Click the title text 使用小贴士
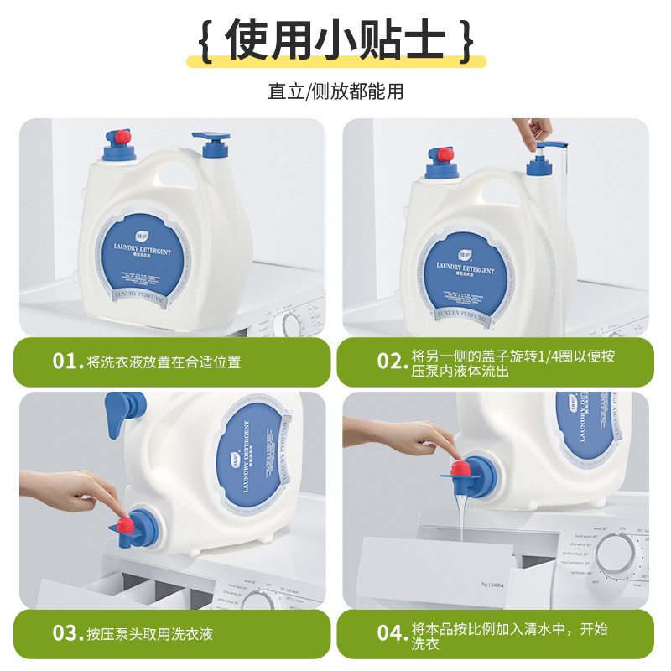(x=335, y=40)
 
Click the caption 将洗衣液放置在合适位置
(x=164, y=362)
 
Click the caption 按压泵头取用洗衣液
(x=149, y=633)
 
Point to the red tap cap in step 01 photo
(x=122, y=136)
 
